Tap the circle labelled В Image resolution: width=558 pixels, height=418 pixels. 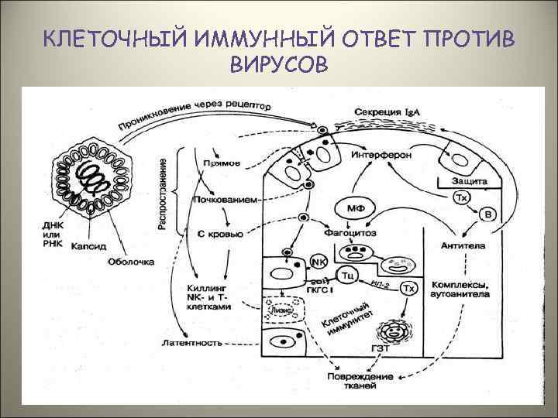(487, 213)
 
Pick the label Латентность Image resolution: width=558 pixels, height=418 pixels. (192, 341)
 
